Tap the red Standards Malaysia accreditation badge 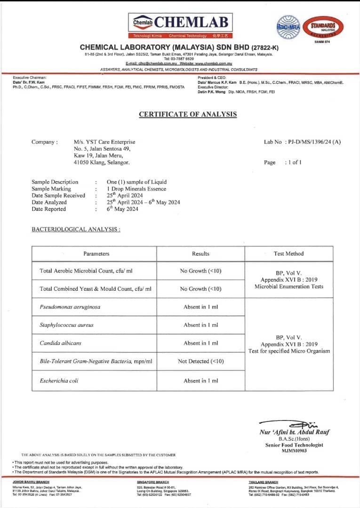coord(322,26)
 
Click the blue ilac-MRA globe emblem coord(288,25)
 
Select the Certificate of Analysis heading coord(188,114)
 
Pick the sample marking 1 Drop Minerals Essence coord(136,189)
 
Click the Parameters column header coord(96,254)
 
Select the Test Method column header coord(288,254)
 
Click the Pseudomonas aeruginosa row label coord(70,307)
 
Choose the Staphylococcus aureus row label coord(67,325)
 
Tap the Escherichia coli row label coord(59,381)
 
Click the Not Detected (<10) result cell coord(200,361)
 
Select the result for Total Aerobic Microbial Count coord(200,270)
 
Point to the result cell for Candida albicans coord(200,343)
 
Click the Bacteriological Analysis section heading coord(76,229)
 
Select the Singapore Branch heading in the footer coord(152,482)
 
